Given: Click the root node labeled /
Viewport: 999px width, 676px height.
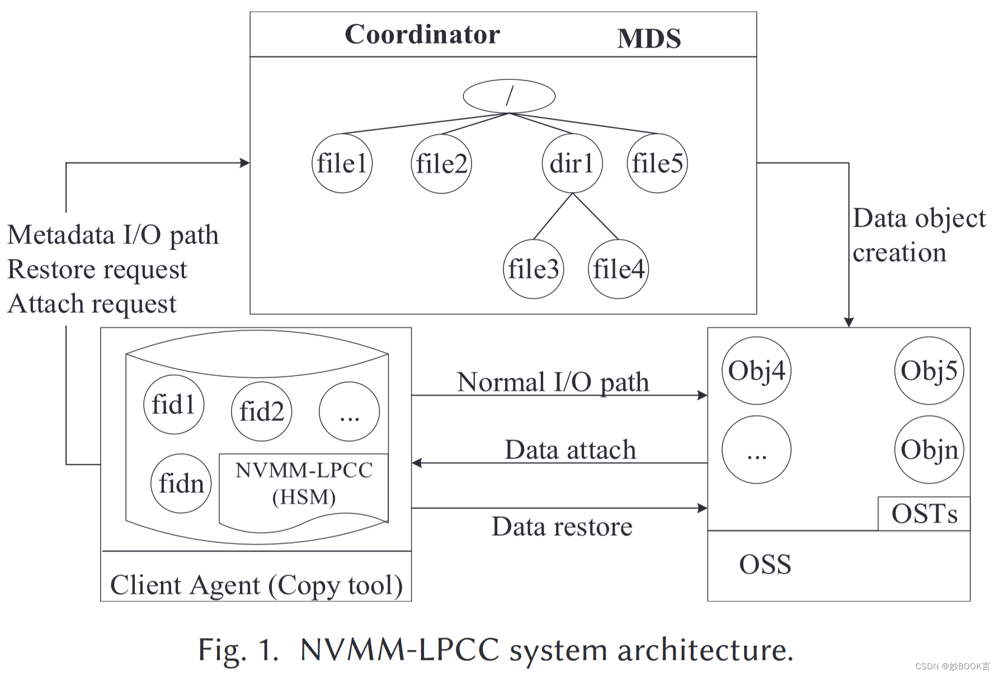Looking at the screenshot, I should [x=509, y=96].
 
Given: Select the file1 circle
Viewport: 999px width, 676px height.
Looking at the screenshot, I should [x=342, y=163].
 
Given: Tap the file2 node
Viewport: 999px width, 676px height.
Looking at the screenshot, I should [x=441, y=164].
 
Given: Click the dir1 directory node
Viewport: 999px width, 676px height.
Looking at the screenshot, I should [x=572, y=163].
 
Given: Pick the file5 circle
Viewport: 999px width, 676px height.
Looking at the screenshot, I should [x=657, y=163].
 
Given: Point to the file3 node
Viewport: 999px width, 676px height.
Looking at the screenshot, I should [x=533, y=269].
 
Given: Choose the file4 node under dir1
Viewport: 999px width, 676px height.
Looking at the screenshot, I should [x=618, y=269].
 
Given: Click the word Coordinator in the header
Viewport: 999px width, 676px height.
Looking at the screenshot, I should [x=422, y=35].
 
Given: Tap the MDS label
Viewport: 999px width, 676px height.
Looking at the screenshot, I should [x=649, y=39].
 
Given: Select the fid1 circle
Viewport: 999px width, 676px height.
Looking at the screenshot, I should [x=173, y=404].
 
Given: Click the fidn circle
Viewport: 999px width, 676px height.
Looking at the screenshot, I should [x=181, y=483].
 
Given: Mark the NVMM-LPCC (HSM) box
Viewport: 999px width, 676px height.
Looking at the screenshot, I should [x=304, y=484].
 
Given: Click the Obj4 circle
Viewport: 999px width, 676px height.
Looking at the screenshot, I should [x=756, y=371].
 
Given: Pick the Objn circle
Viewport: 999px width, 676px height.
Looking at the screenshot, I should [x=929, y=450].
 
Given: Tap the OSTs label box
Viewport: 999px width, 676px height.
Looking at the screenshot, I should [x=923, y=513].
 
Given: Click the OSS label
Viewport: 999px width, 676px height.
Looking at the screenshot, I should [x=765, y=564].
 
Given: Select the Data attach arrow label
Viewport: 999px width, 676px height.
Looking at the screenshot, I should [x=570, y=450].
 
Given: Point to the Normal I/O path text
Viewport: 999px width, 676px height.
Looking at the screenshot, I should [x=553, y=382].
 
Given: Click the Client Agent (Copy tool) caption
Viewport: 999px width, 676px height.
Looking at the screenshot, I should [x=256, y=585].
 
